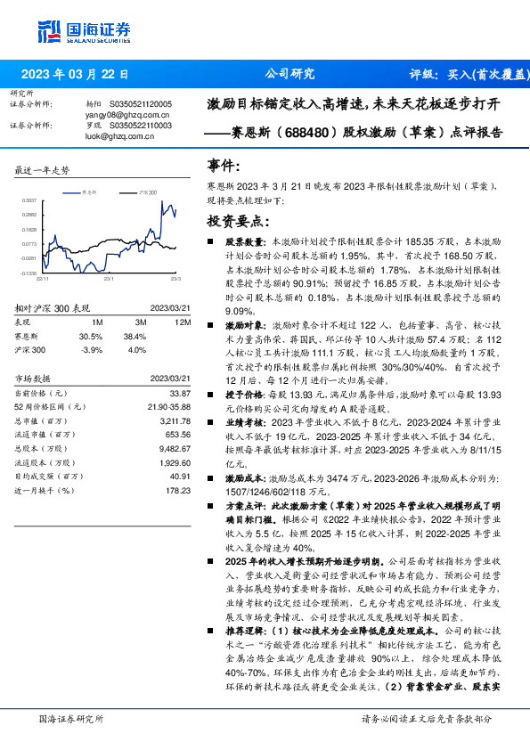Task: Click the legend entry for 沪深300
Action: (146, 192)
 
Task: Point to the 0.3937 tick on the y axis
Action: (29, 201)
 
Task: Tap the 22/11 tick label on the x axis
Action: (44, 278)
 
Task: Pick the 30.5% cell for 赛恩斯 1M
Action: (91, 337)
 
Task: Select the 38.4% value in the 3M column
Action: (135, 337)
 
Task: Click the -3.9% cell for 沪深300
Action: (91, 350)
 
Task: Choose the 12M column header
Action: (183, 322)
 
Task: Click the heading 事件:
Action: (224, 167)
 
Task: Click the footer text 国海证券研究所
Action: (73, 719)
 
